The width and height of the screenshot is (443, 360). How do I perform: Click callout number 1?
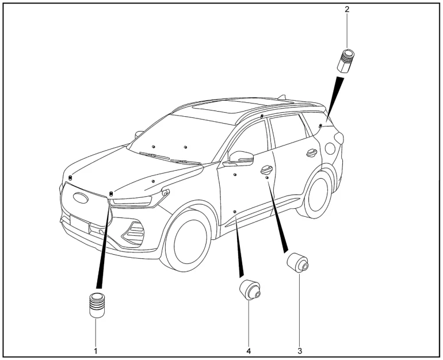[96, 350]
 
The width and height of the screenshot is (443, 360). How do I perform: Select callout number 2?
[346, 10]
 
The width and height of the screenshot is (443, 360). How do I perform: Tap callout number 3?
[299, 350]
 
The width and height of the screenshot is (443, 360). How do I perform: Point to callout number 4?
[248, 350]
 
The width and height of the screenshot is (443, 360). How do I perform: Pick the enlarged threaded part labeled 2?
[345, 60]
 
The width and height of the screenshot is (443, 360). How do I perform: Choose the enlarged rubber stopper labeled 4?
[250, 289]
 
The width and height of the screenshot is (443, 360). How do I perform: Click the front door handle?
[266, 169]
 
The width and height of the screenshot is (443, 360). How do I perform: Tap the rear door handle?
[311, 152]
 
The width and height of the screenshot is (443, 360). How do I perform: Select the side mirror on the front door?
[242, 157]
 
